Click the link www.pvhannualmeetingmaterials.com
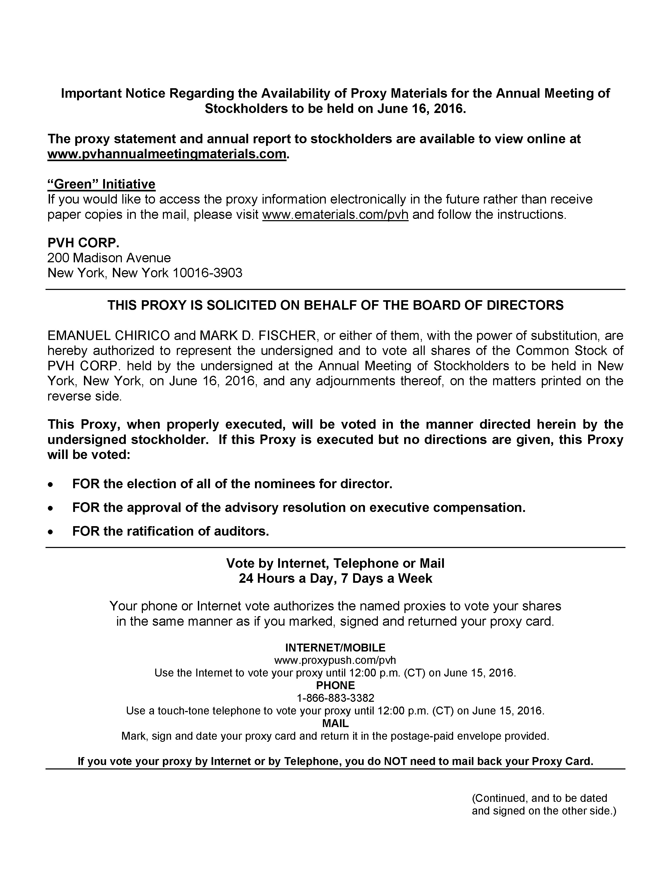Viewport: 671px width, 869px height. point(167,154)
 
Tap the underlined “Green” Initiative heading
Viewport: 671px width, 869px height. point(101,184)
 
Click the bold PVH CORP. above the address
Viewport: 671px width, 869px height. point(83,243)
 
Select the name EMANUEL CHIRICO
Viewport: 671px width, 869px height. point(108,335)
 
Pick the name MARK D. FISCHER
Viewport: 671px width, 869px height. point(259,335)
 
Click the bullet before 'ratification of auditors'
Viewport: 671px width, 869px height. point(50,532)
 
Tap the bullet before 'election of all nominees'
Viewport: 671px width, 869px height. point(50,484)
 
